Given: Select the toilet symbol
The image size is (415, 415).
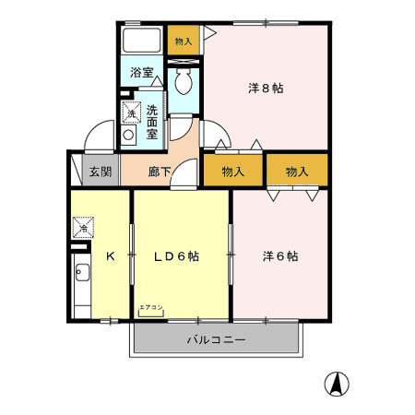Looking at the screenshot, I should (183, 81).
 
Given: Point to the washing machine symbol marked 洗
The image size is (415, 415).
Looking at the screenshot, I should (131, 112).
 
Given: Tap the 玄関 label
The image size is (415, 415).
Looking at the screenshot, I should (100, 172).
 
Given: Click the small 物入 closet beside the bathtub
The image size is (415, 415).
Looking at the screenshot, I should (184, 41).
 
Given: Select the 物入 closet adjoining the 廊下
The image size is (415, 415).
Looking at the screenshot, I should (233, 172).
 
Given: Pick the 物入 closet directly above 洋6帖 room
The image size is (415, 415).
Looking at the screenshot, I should (296, 172).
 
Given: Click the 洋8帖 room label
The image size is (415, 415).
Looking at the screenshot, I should (266, 89).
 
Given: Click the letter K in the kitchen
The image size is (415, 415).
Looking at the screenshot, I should (110, 255).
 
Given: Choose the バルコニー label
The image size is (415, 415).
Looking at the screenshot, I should (216, 339).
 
